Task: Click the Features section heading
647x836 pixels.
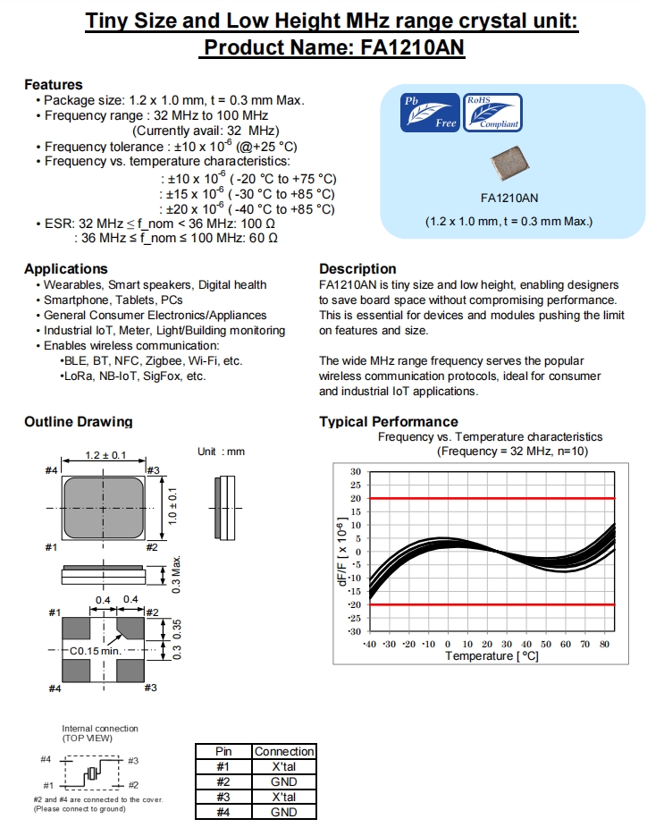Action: pos(54,84)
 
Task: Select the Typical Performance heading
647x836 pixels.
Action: pos(389,422)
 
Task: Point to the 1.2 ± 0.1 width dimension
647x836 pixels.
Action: pos(105,455)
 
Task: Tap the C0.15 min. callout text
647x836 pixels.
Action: pos(95,651)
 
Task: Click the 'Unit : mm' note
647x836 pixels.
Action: pos(221,452)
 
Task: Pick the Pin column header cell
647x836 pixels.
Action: pos(223,752)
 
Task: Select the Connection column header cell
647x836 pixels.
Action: pos(284,752)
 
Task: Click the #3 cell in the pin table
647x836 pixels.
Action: pos(223,797)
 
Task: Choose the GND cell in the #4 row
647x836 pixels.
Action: pos(284,812)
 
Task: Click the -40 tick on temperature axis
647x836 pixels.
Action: pos(368,644)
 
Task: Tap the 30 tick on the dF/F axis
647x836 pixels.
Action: pos(356,472)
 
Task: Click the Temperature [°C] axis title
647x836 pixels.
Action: pos(492,656)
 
